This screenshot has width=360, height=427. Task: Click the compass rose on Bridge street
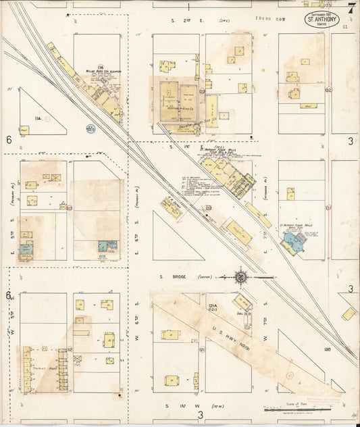tap(240, 276)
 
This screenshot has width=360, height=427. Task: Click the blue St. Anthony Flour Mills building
tap(295, 243)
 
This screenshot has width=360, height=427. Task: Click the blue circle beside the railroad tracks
tap(90, 126)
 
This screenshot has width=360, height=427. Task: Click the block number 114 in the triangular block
tap(38, 118)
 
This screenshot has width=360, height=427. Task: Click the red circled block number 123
tap(209, 207)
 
